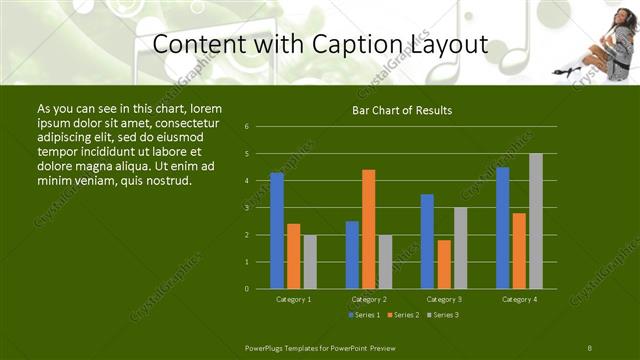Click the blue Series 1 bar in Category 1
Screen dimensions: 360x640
[x=276, y=230]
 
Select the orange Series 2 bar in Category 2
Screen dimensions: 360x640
[x=368, y=229]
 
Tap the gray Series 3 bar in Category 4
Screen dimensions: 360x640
[x=535, y=221]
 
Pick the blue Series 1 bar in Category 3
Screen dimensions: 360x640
[x=427, y=241]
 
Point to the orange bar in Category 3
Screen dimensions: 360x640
[x=443, y=264]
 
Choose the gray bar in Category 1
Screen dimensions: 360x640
[x=309, y=261]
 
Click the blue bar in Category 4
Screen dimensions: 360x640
[x=502, y=228]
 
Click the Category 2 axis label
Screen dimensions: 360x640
[x=369, y=299]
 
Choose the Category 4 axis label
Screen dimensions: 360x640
[x=519, y=299]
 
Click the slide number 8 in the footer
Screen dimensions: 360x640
[x=590, y=346]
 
